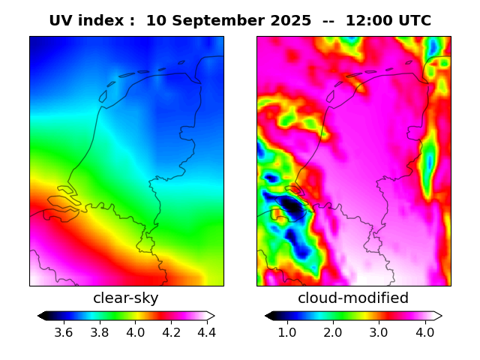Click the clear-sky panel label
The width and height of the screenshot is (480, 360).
126,298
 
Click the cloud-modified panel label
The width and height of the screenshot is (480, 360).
353,298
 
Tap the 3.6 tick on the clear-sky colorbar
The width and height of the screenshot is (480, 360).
64,331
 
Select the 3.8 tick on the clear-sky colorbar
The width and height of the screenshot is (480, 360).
100,331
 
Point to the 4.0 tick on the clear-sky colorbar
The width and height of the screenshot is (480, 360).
136,331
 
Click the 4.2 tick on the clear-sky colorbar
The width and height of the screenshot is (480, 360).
172,331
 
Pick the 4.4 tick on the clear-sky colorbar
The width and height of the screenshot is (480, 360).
206,331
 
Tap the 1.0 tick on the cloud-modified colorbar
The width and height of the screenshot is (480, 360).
287,331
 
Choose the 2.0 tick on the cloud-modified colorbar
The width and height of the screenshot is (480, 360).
333,331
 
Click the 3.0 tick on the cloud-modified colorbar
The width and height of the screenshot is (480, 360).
379,331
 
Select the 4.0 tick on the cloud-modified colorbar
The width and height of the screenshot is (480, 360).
424,331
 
